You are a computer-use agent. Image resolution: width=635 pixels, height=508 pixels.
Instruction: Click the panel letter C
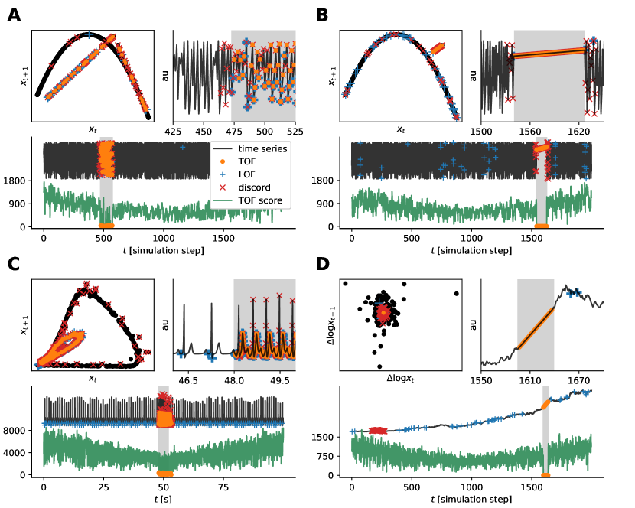14,265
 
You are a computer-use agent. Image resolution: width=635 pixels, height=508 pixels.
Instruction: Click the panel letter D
322,265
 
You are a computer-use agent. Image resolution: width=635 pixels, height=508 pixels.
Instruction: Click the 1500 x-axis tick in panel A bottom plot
223,238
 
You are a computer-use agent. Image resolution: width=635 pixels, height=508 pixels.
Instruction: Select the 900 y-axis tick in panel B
334,204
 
